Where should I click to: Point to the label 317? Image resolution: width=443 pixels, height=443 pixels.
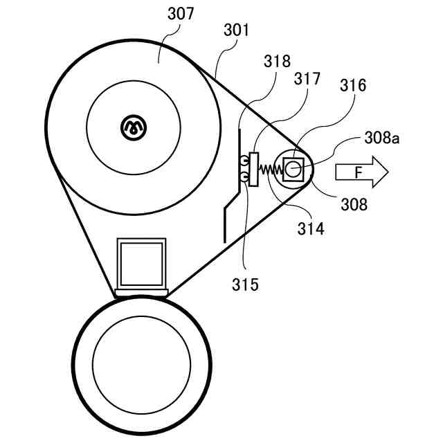[x=306, y=78]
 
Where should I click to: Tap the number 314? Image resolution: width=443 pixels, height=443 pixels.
[x=310, y=228]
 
